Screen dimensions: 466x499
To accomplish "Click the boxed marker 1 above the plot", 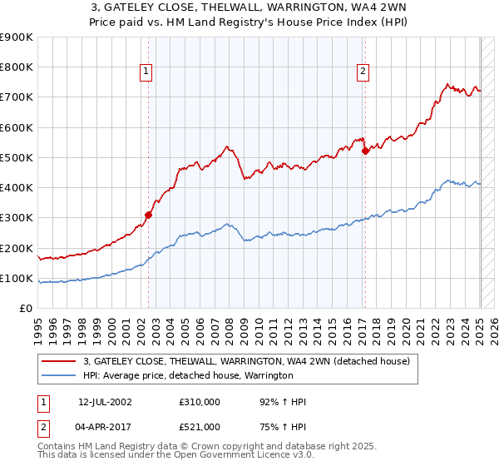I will coord(146,72).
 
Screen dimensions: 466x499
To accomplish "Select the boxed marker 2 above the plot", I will coord(363,72).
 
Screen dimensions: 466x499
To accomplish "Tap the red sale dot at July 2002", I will coord(148,215).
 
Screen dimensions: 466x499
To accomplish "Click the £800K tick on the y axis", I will coord(17,67).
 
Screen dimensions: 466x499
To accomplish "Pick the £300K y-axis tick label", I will coord(17,218).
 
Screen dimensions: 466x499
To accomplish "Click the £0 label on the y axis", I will coord(25,309).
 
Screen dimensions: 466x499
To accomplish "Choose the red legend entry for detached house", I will coord(247,362).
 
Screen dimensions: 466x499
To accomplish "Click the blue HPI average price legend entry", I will coord(188,375).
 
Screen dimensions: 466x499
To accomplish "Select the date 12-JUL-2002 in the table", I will coord(105,402).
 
